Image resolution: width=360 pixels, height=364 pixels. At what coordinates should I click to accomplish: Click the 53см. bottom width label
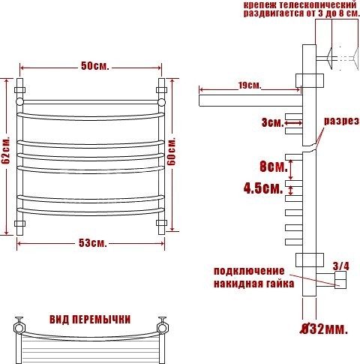click(91, 243)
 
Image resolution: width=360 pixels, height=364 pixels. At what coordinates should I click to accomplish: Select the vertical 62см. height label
click(6, 152)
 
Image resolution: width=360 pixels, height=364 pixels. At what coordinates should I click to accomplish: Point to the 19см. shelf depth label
click(247, 86)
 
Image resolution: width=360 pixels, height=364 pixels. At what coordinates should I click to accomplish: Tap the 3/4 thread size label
click(340, 265)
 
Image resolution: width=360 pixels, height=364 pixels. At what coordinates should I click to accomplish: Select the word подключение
click(249, 270)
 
